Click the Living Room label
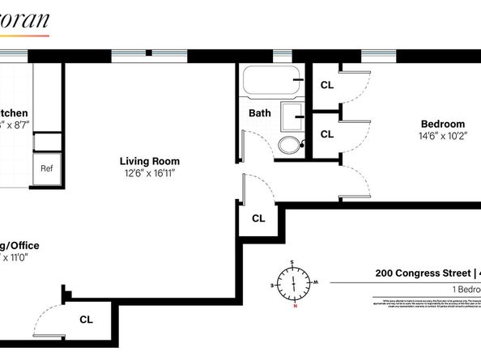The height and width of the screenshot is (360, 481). pyautogui.click(x=150, y=161)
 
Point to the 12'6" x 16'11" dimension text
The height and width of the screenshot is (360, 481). pyautogui.click(x=150, y=172)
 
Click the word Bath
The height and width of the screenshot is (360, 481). pyautogui.click(x=260, y=113)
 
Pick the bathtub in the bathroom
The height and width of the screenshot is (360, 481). pyautogui.click(x=272, y=81)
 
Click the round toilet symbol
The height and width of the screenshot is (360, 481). pyautogui.click(x=287, y=146)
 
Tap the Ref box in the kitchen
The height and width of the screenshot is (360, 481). pyautogui.click(x=47, y=169)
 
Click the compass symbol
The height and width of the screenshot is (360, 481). pyautogui.click(x=292, y=282)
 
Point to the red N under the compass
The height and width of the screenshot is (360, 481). pyautogui.click(x=296, y=307)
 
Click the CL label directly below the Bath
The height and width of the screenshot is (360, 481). pyautogui.click(x=258, y=218)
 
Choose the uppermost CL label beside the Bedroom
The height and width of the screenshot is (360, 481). pyautogui.click(x=327, y=84)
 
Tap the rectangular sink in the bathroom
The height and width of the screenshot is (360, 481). pyautogui.click(x=292, y=116)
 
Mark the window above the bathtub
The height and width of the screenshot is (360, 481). pyautogui.click(x=282, y=56)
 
